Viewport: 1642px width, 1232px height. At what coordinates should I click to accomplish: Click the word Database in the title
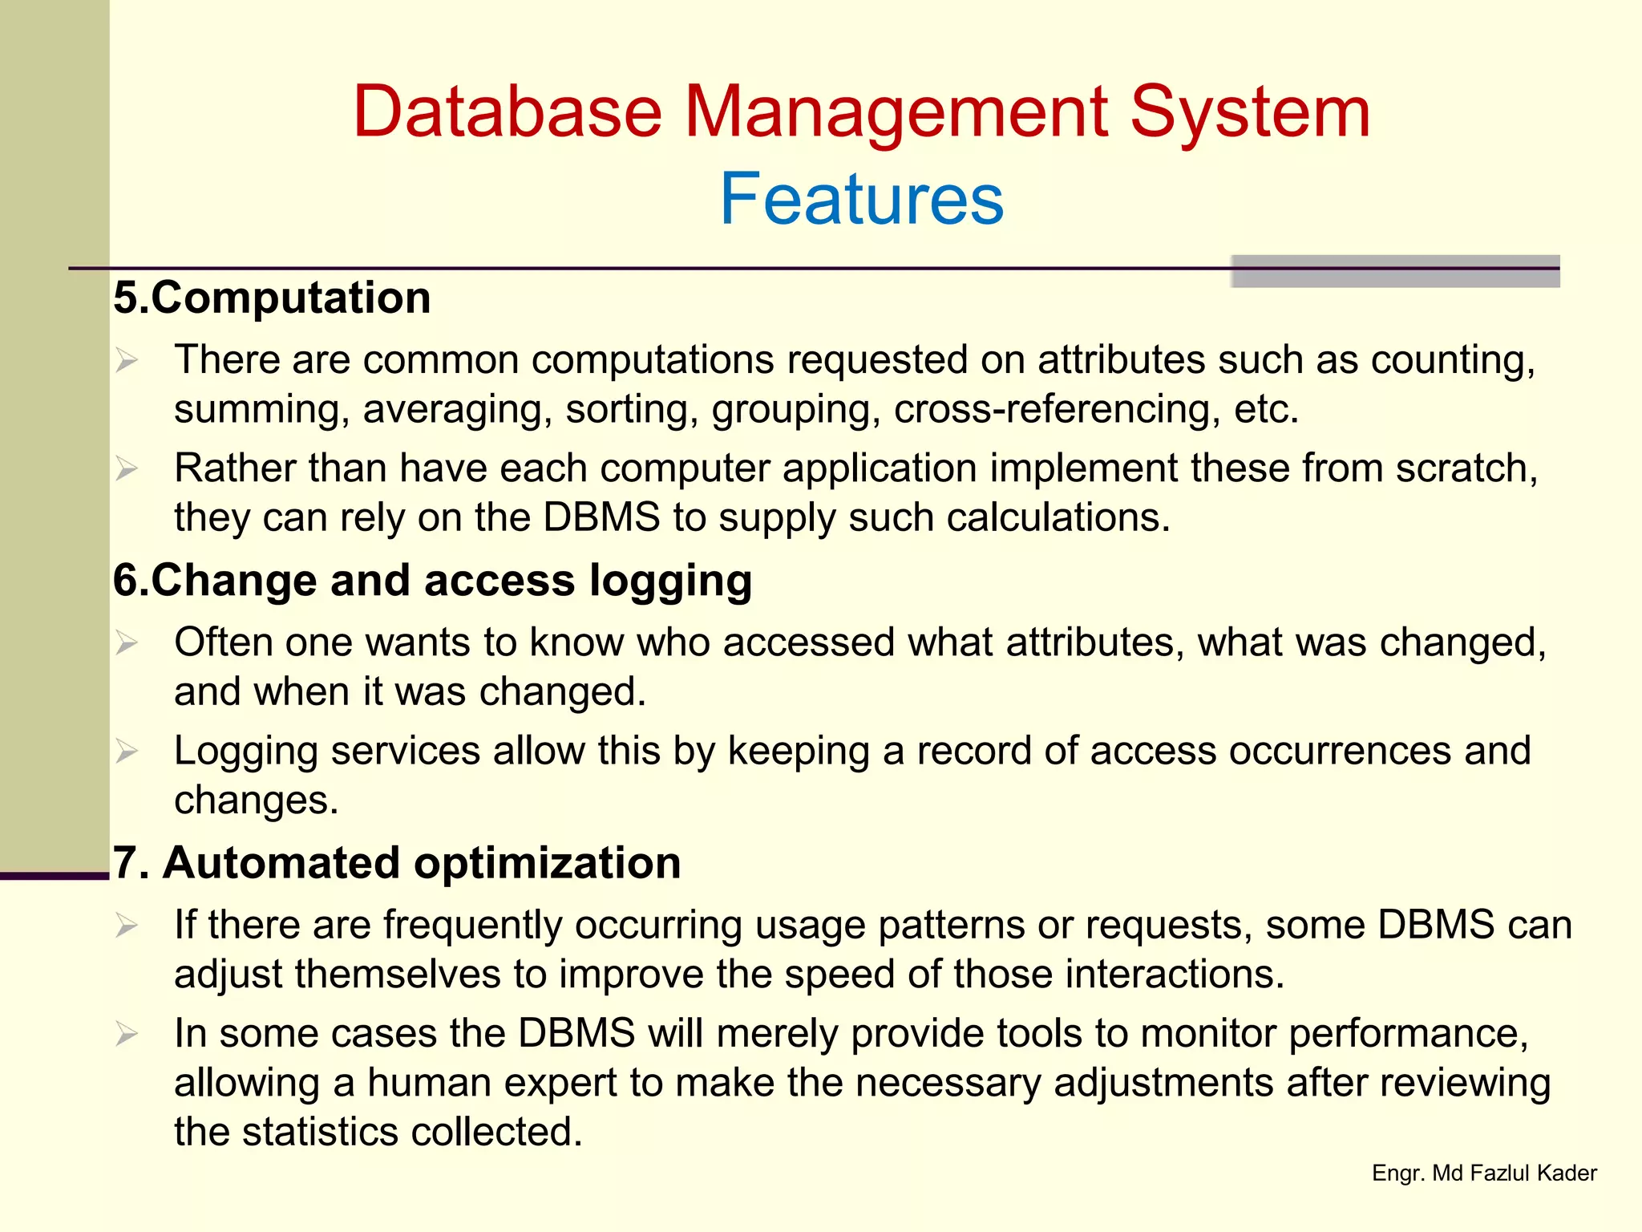tap(507, 112)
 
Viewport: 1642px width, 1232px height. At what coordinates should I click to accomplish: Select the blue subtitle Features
tap(861, 199)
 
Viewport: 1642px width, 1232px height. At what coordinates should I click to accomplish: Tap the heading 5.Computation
tap(272, 298)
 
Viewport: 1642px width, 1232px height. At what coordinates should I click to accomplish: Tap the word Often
tap(223, 642)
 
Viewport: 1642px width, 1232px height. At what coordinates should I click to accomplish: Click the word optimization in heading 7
tap(547, 863)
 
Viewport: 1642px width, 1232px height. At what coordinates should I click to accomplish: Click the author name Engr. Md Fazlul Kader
tap(1484, 1173)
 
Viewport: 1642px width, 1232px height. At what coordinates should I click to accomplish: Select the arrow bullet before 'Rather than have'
tap(127, 468)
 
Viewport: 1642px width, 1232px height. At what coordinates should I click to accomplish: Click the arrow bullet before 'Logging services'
tap(127, 752)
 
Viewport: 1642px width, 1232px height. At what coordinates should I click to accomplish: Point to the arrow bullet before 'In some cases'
tap(127, 1034)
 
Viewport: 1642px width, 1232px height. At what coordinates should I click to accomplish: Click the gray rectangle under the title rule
tap(1395, 277)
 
